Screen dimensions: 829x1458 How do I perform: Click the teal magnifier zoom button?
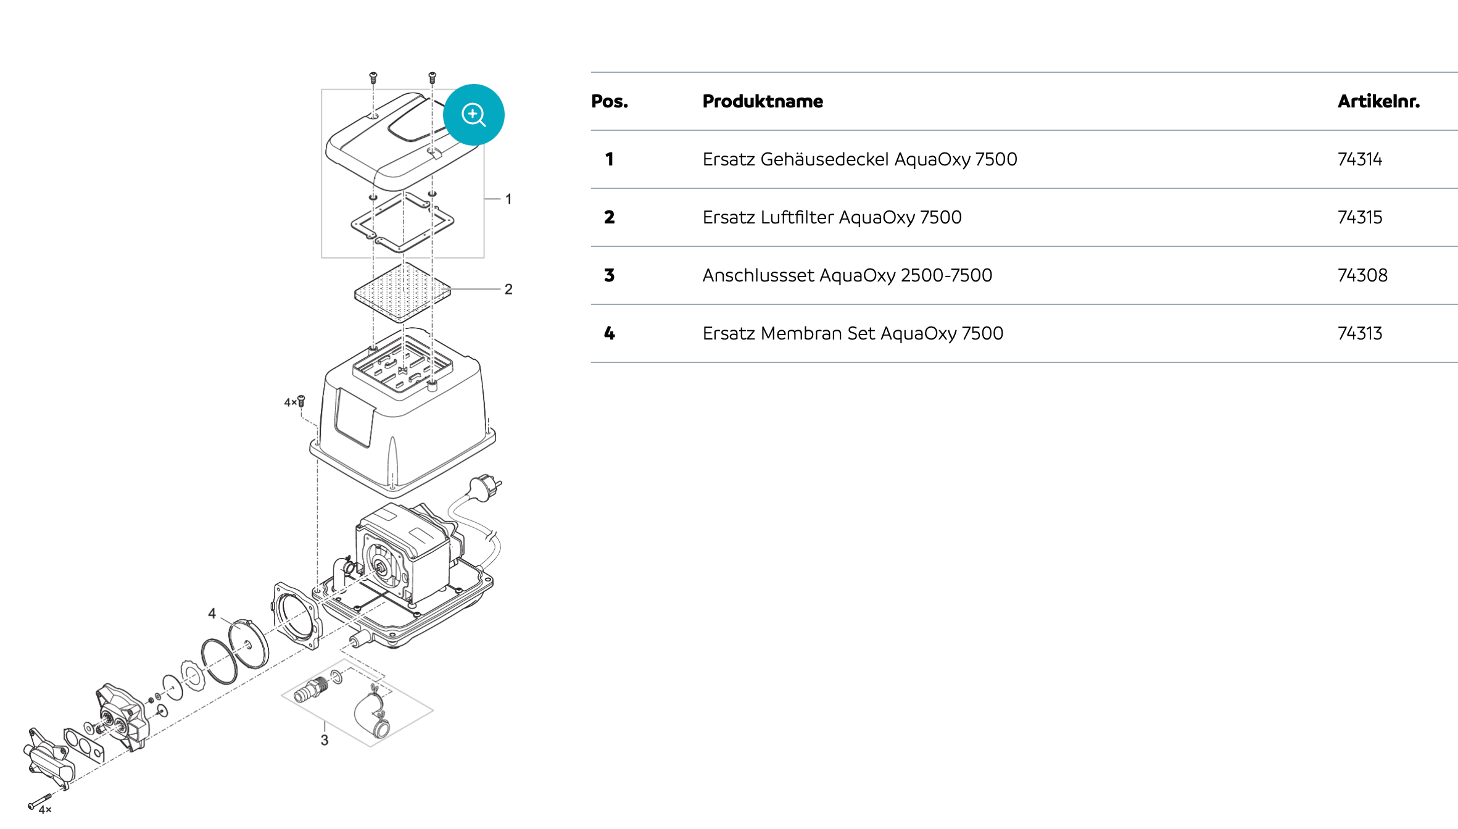click(x=473, y=115)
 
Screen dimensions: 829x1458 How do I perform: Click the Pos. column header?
click(x=609, y=101)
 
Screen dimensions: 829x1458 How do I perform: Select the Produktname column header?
click(x=762, y=101)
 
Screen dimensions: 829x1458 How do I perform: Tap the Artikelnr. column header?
click(x=1378, y=101)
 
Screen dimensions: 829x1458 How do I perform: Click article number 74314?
click(x=1359, y=159)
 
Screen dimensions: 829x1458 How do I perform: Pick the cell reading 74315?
click(x=1359, y=217)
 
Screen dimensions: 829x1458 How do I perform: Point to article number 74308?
click(x=1362, y=275)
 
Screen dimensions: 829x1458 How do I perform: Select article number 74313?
click(x=1359, y=333)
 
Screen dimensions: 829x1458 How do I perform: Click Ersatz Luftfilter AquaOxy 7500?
click(x=831, y=217)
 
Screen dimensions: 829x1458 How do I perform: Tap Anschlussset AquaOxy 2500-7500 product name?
click(x=847, y=275)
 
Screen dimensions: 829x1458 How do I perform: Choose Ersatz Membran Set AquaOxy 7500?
click(x=852, y=333)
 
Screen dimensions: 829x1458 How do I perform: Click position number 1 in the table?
click(x=609, y=159)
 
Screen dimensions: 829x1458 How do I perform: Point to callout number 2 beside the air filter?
click(x=508, y=290)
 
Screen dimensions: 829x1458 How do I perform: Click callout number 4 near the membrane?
click(x=212, y=614)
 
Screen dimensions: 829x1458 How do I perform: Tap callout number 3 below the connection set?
click(x=325, y=740)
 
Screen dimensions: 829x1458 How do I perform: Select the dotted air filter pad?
click(x=402, y=292)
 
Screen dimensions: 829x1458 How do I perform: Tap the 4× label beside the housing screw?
click(x=289, y=402)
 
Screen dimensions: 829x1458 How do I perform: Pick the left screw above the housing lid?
click(x=373, y=78)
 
